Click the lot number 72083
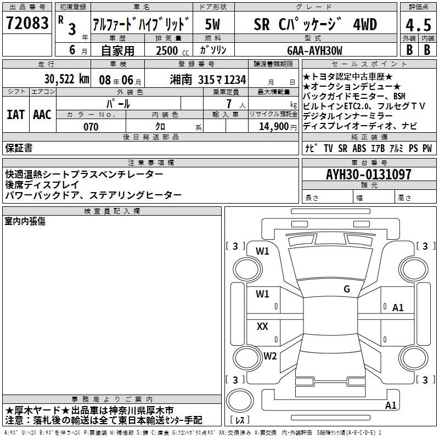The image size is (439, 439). click(x=27, y=23)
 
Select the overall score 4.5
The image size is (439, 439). click(x=418, y=25)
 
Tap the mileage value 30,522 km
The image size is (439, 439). click(x=66, y=79)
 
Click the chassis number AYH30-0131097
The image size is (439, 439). click(x=368, y=174)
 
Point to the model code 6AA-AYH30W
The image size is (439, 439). click(x=314, y=50)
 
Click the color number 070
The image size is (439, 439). click(x=91, y=127)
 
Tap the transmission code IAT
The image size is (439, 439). click(x=16, y=115)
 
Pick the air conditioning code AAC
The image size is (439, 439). click(x=42, y=115)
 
